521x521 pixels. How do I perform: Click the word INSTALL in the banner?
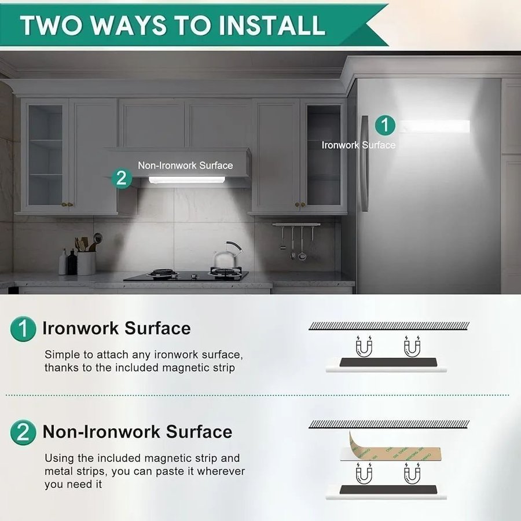(272, 25)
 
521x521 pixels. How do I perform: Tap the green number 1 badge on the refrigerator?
(385, 125)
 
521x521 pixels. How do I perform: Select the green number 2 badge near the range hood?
(122, 178)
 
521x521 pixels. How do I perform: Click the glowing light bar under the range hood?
(187, 180)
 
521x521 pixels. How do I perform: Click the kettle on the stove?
(228, 255)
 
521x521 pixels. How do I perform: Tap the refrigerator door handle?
(365, 163)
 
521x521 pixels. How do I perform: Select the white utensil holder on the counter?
(86, 263)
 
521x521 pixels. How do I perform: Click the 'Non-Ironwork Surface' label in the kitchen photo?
(185, 166)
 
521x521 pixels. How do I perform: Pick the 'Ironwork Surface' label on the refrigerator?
(358, 145)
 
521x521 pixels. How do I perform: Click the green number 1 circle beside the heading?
(23, 329)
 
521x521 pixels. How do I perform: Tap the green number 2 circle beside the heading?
(23, 432)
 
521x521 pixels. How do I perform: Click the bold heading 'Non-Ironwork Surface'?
(138, 432)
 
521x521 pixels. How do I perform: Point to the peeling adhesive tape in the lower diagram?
(394, 447)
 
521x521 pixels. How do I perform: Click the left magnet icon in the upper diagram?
(364, 347)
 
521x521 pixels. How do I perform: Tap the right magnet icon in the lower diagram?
(412, 473)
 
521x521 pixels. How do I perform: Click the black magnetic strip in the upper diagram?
(388, 362)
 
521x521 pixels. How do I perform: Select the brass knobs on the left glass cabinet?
(68, 204)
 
